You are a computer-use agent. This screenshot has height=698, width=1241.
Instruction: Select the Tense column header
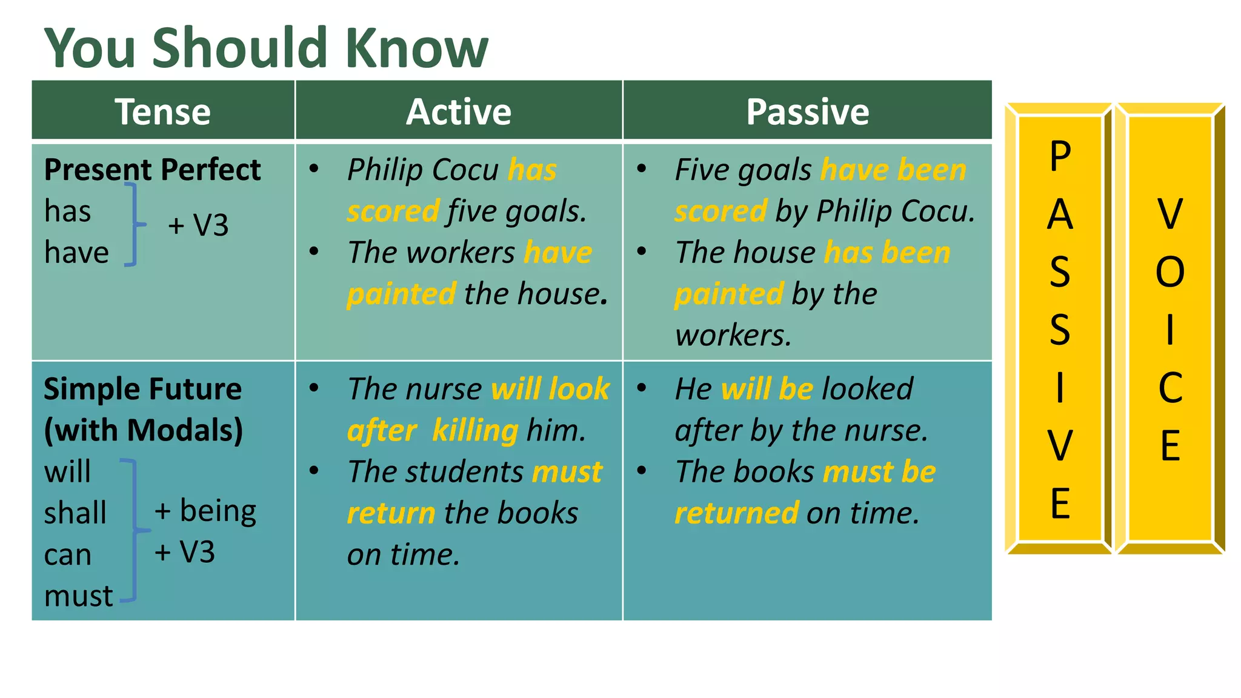(x=162, y=111)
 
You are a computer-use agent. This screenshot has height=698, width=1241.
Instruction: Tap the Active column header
(x=459, y=111)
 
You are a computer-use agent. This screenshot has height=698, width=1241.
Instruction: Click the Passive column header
(x=807, y=111)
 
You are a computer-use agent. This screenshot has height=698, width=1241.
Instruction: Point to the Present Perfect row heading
(x=152, y=170)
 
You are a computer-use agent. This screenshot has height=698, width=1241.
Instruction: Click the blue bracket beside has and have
(x=135, y=225)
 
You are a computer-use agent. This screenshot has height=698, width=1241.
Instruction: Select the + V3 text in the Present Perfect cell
(x=198, y=225)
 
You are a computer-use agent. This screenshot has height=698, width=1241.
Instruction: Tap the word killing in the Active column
(x=475, y=431)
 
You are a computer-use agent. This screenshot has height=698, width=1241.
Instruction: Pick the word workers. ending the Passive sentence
(x=733, y=335)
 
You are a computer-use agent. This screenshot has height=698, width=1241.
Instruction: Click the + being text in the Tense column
(x=205, y=511)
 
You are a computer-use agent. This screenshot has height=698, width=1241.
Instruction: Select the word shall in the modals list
(x=75, y=513)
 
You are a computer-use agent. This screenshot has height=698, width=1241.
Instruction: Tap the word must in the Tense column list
(x=78, y=596)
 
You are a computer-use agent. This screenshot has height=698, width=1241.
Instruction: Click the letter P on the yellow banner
(x=1060, y=157)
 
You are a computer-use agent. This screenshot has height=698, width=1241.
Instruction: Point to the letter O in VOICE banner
(x=1169, y=272)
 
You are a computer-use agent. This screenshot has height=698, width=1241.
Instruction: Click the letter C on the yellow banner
(x=1169, y=388)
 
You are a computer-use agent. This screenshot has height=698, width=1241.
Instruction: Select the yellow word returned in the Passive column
(x=736, y=513)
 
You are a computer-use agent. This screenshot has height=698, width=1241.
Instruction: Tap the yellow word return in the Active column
(x=391, y=513)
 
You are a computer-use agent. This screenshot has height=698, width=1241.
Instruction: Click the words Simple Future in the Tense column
(x=142, y=389)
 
